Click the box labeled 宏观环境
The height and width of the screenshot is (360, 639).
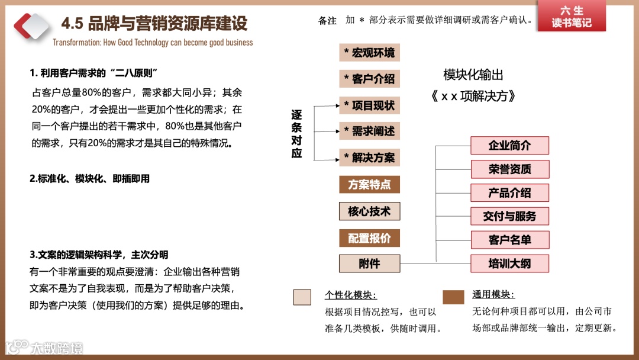(369, 53)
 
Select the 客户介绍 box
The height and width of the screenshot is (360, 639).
(369, 79)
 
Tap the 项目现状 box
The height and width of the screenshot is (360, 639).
(369, 105)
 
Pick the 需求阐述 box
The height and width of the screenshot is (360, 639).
(369, 131)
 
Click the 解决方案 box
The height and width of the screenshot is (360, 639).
(369, 157)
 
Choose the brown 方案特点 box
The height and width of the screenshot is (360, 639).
(369, 184)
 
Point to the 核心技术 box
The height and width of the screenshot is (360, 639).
(369, 211)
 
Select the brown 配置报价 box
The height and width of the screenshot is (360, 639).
(369, 238)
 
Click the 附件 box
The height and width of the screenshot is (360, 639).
(369, 263)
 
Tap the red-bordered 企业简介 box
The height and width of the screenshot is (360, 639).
(509, 146)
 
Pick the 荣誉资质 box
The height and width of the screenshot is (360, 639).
(509, 169)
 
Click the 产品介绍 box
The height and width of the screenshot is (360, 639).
(509, 193)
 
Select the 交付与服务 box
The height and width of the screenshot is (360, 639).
(509, 216)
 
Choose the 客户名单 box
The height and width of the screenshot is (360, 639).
(509, 240)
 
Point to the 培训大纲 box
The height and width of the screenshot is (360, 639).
(509, 263)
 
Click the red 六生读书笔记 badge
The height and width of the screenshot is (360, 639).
(571, 17)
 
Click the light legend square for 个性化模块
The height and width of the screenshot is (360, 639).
(302, 297)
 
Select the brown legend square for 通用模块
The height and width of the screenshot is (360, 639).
(453, 297)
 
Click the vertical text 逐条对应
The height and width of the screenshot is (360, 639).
(296, 134)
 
